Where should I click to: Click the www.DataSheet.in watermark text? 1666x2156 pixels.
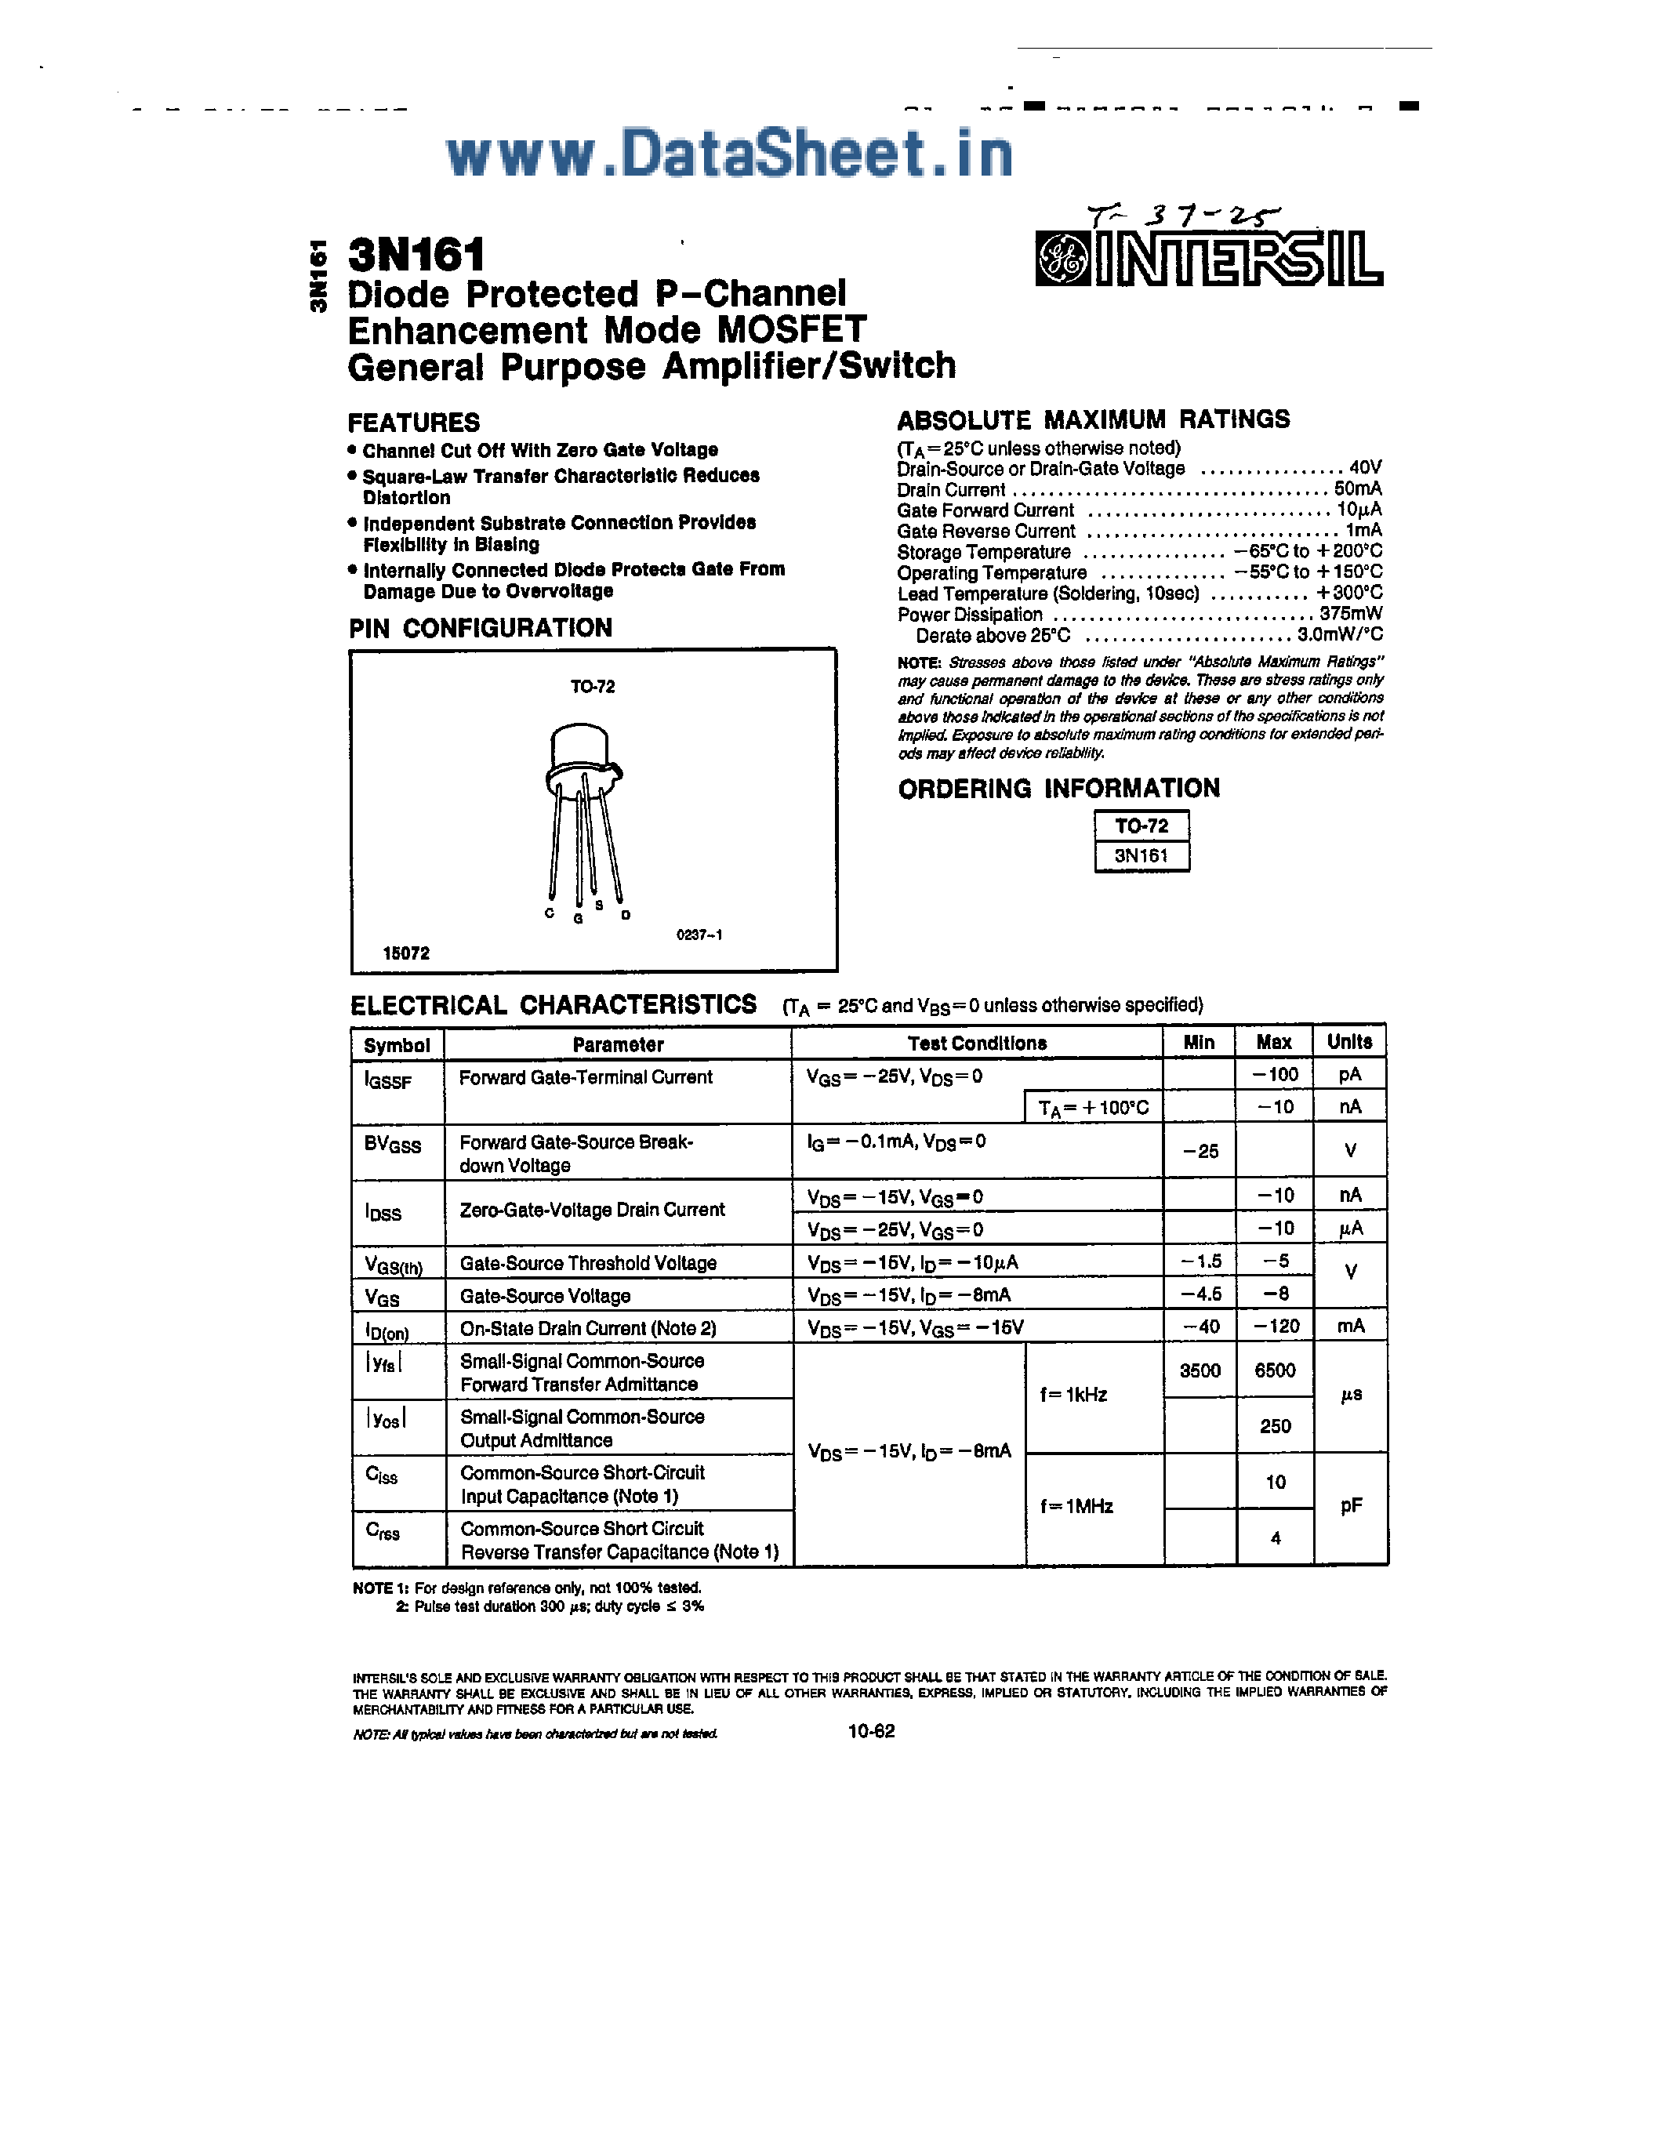tap(729, 155)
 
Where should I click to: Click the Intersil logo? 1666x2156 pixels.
tap(1208, 260)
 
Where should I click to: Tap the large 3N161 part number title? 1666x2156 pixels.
tap(416, 255)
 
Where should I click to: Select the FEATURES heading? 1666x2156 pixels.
tap(413, 423)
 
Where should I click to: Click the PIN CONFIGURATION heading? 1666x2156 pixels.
tap(481, 628)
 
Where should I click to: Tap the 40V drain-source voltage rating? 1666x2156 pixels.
tap(1365, 468)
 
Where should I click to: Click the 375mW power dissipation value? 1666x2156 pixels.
tap(1350, 614)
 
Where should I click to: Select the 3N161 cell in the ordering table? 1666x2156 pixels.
tap(1141, 856)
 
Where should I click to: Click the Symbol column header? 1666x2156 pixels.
tap(397, 1044)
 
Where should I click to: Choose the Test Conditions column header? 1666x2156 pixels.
tap(977, 1044)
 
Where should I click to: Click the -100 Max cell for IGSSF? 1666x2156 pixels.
tap(1274, 1074)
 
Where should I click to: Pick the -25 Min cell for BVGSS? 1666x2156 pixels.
tap(1200, 1151)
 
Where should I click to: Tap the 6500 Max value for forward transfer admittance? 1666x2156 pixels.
tap(1274, 1370)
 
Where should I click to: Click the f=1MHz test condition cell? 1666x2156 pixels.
tap(1076, 1506)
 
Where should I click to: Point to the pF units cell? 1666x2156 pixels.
tap(1351, 1505)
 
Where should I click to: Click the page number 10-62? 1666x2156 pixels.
tap(870, 1730)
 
